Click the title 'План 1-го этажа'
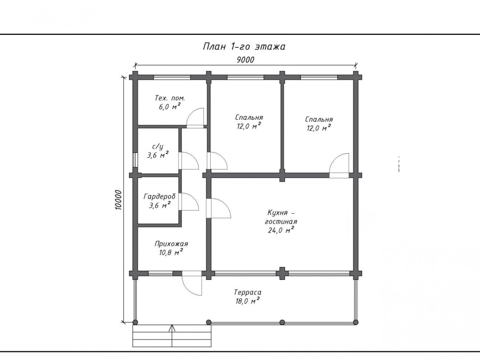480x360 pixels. (244, 46)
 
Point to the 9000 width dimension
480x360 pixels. (245, 60)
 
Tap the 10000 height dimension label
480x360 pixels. (118, 200)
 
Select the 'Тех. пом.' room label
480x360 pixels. (170, 98)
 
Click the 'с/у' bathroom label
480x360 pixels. (158, 147)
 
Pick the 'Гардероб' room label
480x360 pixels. (159, 196)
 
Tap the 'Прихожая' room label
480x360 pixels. (171, 244)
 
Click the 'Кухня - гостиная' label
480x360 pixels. (281, 217)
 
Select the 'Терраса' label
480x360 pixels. (248, 292)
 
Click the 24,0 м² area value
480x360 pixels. (281, 230)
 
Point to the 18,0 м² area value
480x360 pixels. (248, 301)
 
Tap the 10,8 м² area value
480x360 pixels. (171, 252)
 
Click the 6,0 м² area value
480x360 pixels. (170, 107)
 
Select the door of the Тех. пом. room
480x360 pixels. (195, 118)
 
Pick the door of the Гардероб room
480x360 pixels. (189, 202)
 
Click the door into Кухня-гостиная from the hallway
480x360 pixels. (218, 208)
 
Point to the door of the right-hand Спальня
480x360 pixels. (339, 165)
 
